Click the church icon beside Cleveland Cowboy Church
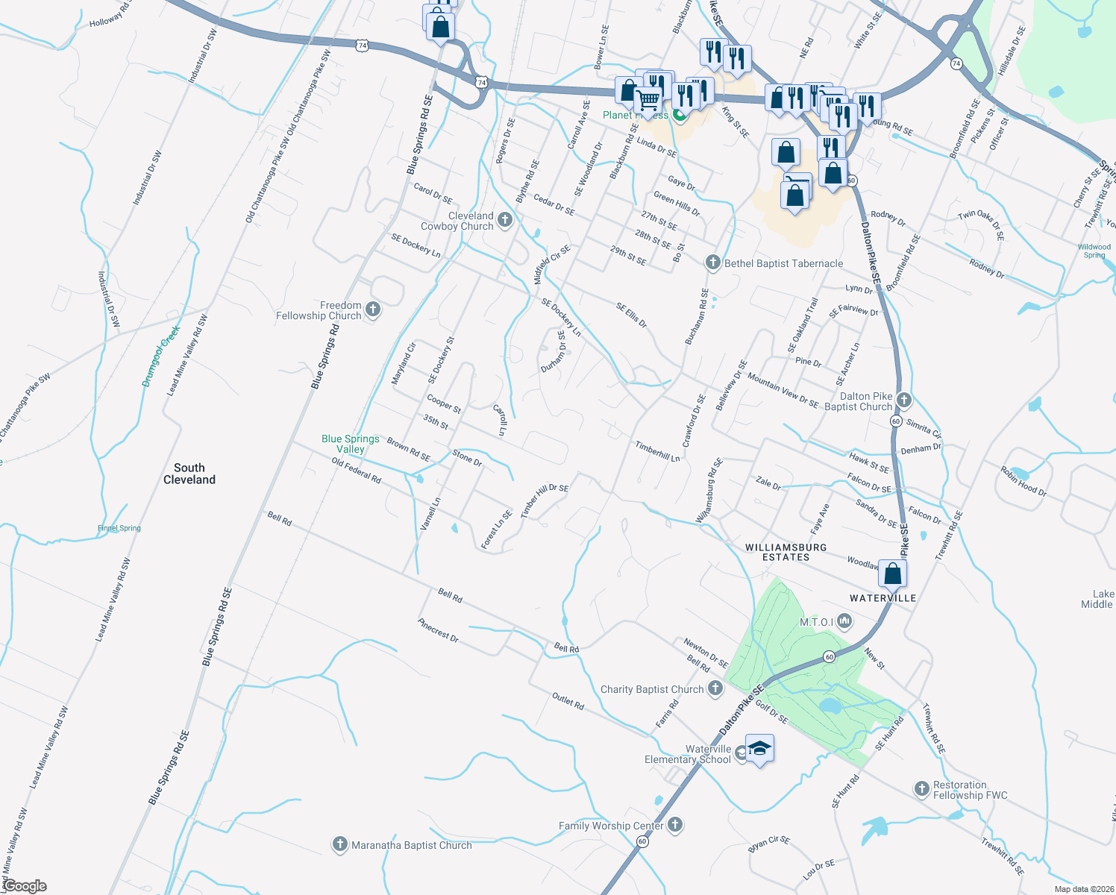pyautogui.click(x=505, y=220)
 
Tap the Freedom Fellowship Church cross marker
pyautogui.click(x=373, y=310)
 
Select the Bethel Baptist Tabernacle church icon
pyautogui.click(x=713, y=263)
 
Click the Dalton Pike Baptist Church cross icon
pyautogui.click(x=904, y=401)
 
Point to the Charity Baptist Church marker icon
pyautogui.click(x=715, y=688)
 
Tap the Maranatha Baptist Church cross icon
pyautogui.click(x=340, y=844)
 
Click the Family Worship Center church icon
pyautogui.click(x=675, y=825)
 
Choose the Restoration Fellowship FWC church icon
pyautogui.click(x=922, y=789)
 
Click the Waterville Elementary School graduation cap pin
pyautogui.click(x=759, y=749)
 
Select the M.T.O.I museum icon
pyautogui.click(x=844, y=621)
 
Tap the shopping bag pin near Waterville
pyautogui.click(x=892, y=574)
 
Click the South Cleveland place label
pyautogui.click(x=189, y=474)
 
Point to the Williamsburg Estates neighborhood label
pyautogui.click(x=786, y=552)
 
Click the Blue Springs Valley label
pyautogui.click(x=351, y=444)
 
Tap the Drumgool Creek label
pyautogui.click(x=161, y=357)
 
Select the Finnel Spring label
pyautogui.click(x=119, y=528)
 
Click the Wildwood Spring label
pyautogui.click(x=1094, y=251)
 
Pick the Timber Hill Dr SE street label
pyautogui.click(x=545, y=500)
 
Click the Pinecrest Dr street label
pyautogui.click(x=438, y=630)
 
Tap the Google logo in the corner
pyautogui.click(x=25, y=886)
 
